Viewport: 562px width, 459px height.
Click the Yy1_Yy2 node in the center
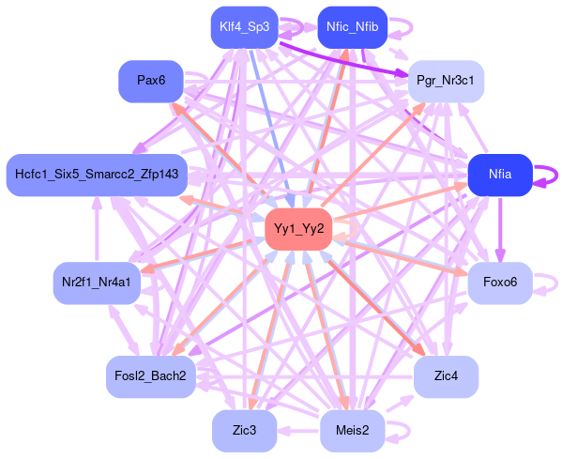point(299,229)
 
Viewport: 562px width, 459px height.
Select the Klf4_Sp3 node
point(245,27)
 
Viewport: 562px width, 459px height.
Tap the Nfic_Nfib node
point(353,27)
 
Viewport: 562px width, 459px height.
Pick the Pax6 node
point(151,81)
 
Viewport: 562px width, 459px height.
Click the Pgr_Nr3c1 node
point(446,81)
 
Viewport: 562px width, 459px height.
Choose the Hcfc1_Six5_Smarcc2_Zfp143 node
point(97,175)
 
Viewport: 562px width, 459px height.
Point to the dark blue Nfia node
point(500,175)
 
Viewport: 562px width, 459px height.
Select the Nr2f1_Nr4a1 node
point(97,283)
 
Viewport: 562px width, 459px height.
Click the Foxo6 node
point(500,283)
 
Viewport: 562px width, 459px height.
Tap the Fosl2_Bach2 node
point(151,376)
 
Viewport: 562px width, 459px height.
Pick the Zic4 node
point(446,376)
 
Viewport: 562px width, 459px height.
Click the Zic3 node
point(245,431)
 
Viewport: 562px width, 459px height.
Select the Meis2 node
point(353,431)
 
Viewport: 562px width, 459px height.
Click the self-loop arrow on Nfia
point(556,176)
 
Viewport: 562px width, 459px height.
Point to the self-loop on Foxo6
point(556,283)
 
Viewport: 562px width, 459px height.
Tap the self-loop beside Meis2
point(409,431)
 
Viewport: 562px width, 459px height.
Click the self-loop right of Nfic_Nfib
point(412,27)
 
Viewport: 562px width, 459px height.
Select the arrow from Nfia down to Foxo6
point(500,229)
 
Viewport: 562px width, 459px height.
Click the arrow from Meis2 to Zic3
point(298,431)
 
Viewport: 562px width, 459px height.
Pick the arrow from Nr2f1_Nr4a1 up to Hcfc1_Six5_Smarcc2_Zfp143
point(97,229)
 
